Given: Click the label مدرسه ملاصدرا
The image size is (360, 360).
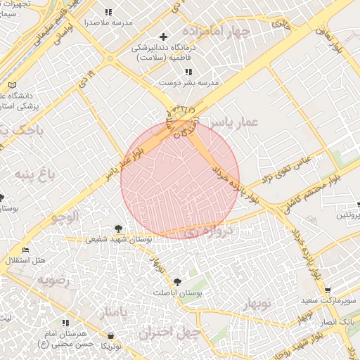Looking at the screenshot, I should click(x=107, y=22).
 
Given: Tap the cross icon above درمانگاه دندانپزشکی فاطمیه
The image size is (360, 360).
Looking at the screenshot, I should click(x=164, y=36).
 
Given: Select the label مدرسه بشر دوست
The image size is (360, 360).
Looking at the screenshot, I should click(x=188, y=82).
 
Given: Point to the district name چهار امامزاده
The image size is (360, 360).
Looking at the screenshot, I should click(x=216, y=32).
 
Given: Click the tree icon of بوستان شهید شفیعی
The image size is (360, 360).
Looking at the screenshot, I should click(x=117, y=228).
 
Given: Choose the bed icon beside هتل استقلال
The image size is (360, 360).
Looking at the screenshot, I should click(x=26, y=250).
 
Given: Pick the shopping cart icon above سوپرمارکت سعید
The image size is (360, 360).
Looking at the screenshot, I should click(x=328, y=290).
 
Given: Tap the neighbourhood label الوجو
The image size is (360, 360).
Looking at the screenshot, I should click(x=67, y=218).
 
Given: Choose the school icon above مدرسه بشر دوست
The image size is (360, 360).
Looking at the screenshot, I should click(x=188, y=72).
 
